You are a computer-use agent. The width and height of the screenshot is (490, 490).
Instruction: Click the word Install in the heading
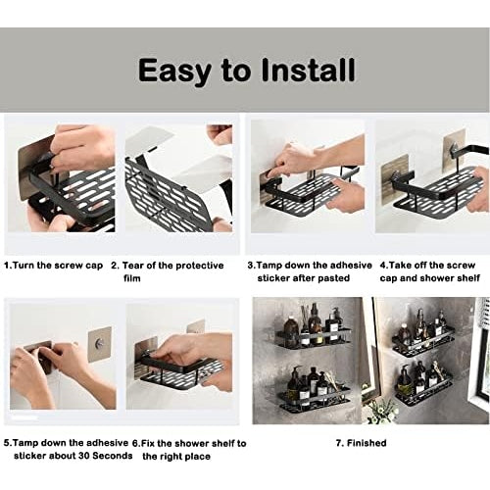308,71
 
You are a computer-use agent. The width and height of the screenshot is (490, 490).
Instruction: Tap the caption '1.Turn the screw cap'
53,266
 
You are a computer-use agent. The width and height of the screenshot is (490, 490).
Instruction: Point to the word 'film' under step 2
131,278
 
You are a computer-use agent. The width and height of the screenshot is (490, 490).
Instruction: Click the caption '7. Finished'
361,443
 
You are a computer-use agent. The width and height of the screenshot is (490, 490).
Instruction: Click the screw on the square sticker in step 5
97,344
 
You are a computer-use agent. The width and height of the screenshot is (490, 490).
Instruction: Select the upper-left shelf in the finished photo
312,341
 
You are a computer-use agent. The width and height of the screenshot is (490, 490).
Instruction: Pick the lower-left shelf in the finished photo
314,399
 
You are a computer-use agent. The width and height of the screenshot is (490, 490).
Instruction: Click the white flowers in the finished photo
380,411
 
